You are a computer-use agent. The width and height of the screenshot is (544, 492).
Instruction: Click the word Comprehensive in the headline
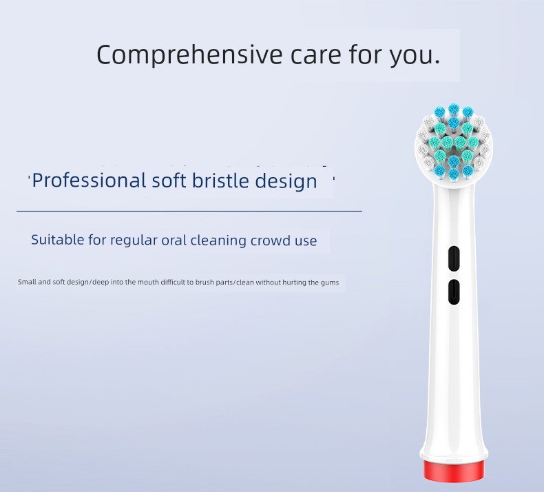click(189, 54)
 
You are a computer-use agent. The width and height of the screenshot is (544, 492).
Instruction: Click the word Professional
click(89, 181)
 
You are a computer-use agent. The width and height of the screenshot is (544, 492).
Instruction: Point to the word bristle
click(220, 181)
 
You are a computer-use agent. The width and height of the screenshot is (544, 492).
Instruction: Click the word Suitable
click(58, 240)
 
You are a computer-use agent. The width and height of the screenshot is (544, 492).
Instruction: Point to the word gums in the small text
click(330, 283)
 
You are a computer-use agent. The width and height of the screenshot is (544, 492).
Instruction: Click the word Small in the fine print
click(27, 282)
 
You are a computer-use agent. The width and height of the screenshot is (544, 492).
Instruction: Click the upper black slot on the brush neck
click(454, 258)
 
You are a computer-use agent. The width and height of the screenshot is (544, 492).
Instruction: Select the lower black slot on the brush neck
click(454, 292)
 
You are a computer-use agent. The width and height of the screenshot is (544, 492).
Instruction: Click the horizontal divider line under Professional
click(189, 211)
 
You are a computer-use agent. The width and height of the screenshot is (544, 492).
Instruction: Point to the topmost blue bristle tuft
click(452, 109)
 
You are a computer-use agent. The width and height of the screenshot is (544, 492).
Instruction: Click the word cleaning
click(218, 240)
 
